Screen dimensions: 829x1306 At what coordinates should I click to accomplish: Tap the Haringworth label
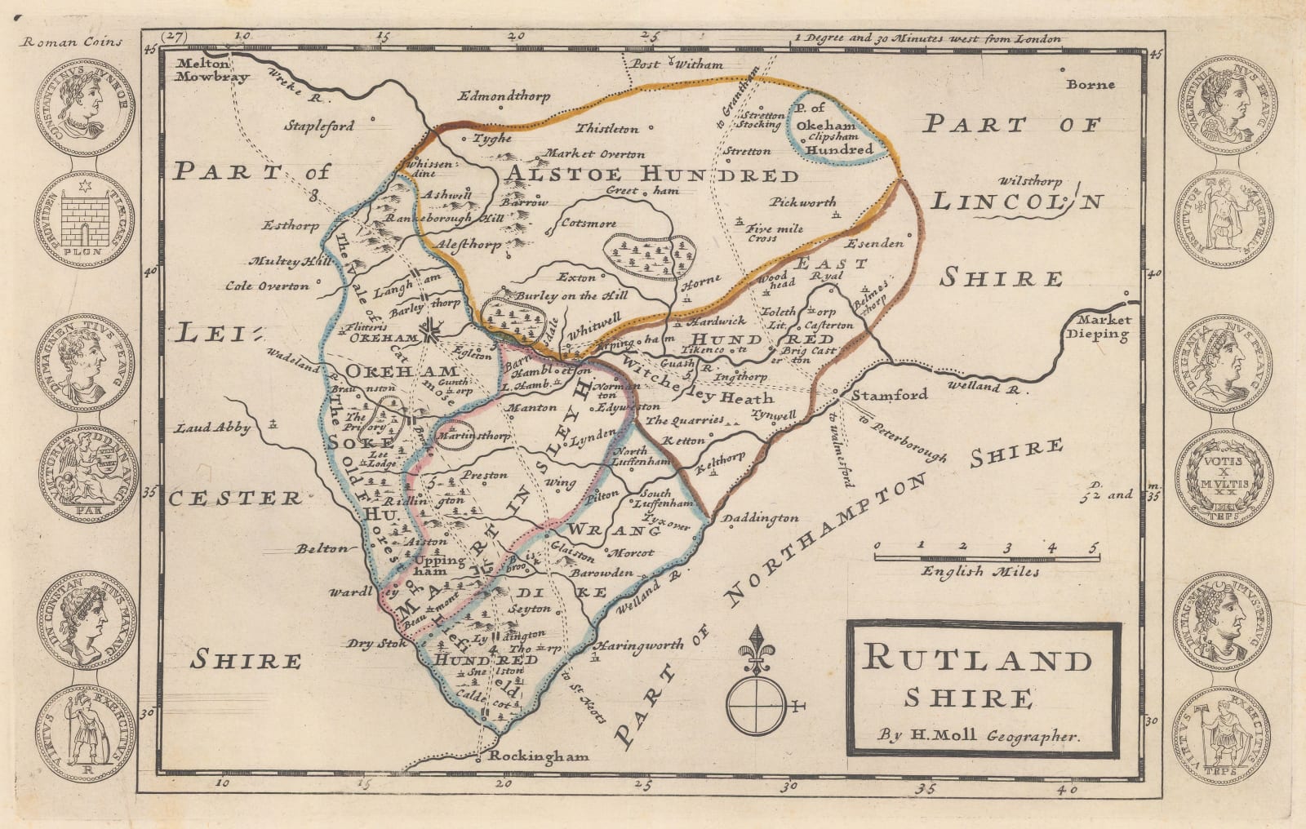tap(642, 645)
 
